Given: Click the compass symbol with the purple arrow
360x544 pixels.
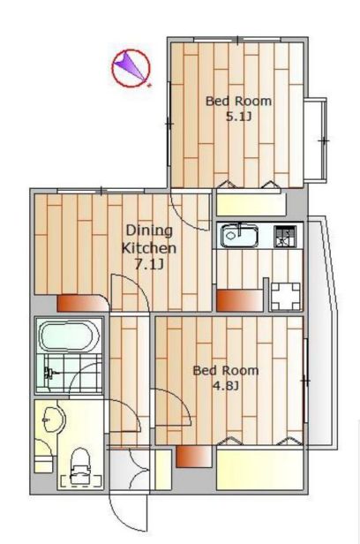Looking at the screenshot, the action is point(131,68).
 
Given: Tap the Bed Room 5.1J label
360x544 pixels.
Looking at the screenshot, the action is point(238,109).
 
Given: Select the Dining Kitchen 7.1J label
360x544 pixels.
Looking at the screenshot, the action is point(149,247).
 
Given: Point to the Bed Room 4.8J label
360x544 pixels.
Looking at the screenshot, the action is point(226,377).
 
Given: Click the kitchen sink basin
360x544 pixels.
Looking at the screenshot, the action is point(239,237).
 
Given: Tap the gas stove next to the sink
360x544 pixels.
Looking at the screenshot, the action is point(286,237).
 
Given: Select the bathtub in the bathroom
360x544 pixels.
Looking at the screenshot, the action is point(70,336).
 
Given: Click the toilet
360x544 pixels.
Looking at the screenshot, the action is point(80,465).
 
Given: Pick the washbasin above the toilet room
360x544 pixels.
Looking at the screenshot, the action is point(53,418).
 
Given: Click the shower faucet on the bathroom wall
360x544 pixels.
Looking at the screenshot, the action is point(49,374).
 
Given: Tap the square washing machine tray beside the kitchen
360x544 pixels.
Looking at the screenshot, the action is point(285,296).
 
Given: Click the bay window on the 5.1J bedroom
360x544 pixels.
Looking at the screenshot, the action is point(315,140).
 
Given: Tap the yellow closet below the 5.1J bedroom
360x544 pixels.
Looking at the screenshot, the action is point(251,205).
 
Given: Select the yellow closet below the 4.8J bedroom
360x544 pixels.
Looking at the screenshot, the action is point(259,470).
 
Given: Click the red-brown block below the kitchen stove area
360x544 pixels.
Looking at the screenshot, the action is point(239,300).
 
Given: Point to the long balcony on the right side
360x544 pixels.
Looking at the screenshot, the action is point(322,332).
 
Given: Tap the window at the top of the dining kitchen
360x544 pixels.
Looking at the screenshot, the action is point(101,191).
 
